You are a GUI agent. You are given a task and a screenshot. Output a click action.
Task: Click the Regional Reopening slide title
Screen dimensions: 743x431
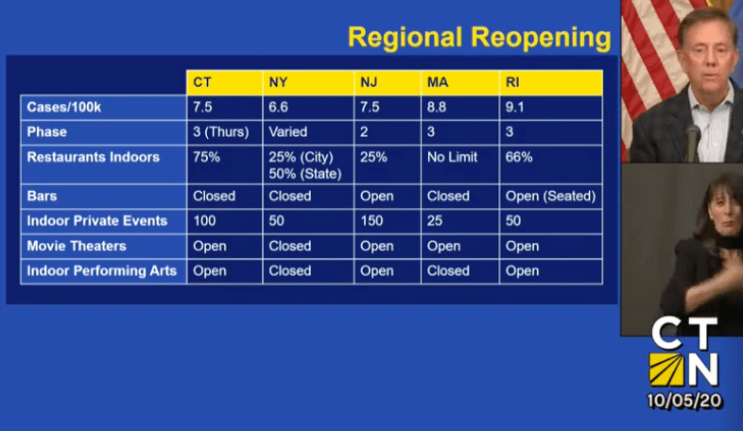[479, 38]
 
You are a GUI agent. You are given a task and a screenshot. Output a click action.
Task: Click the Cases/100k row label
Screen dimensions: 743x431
[64, 108]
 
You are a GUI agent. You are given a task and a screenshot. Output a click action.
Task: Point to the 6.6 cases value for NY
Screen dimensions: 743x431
[278, 107]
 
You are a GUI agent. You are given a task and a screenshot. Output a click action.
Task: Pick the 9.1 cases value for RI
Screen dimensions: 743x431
[514, 107]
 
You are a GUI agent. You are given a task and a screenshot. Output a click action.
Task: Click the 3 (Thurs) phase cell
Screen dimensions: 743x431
[221, 132]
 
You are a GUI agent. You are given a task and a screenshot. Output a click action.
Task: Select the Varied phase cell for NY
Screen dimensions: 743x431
[288, 131]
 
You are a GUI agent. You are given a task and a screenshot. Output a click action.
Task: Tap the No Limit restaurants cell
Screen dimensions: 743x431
[453, 157]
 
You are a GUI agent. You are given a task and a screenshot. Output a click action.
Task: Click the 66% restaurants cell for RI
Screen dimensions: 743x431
[519, 157]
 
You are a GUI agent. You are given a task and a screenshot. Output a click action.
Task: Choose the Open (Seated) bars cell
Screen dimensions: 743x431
[550, 196]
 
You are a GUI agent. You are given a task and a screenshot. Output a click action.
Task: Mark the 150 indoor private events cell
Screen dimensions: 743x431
[371, 221]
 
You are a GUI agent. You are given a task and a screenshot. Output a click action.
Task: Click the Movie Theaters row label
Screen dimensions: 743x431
[77, 246]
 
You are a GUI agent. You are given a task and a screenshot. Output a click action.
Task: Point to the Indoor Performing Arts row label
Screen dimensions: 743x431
[102, 271]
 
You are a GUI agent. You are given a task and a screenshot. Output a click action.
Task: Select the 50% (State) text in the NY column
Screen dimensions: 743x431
[305, 174]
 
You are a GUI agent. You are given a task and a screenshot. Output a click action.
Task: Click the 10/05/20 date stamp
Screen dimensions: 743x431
[684, 401]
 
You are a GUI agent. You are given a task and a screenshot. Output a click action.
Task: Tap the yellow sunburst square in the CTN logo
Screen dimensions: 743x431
[666, 370]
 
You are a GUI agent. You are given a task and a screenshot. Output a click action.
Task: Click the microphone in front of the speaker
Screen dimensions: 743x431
[694, 142]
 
